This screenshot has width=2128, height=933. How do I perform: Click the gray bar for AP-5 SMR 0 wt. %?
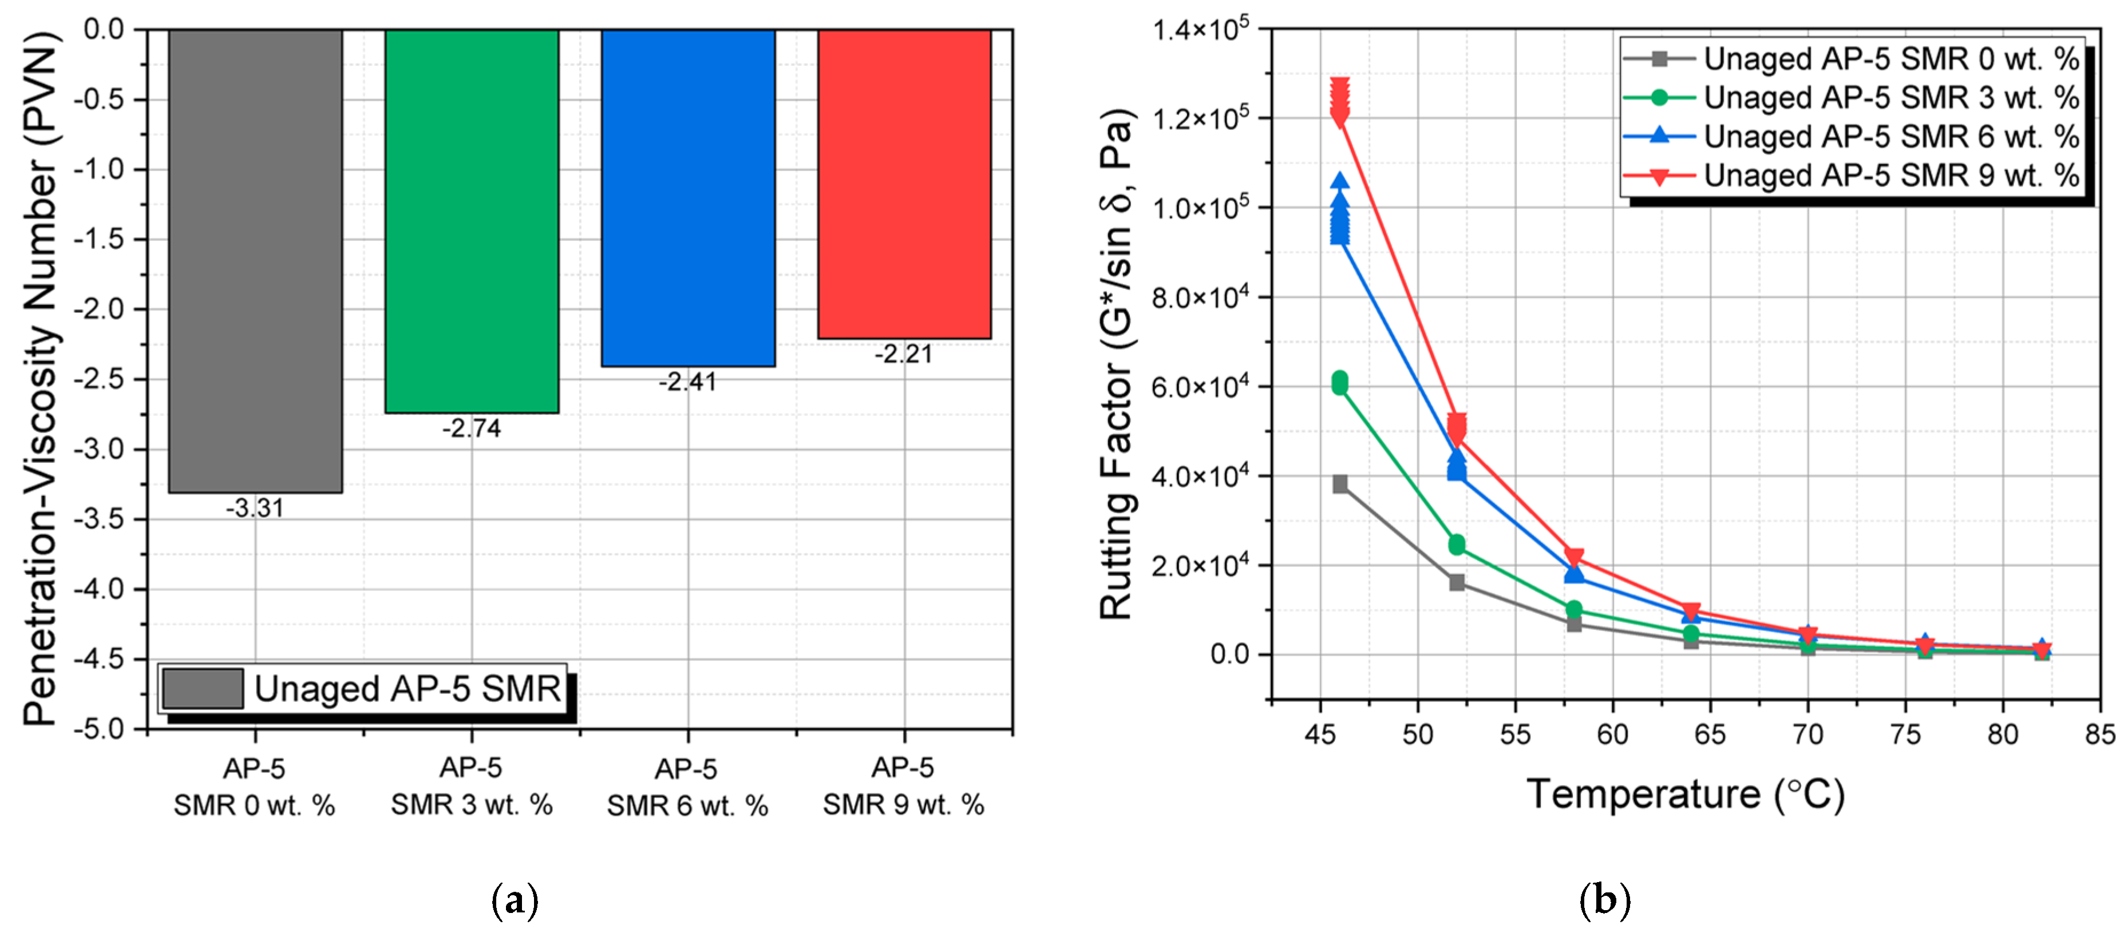255,261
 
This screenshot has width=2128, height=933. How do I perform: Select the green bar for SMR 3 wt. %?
472,221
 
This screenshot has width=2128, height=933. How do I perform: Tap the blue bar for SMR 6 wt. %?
688,198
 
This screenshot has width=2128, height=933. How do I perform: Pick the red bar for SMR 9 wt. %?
904,184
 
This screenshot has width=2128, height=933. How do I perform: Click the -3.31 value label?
255,508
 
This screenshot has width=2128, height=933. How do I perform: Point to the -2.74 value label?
471,428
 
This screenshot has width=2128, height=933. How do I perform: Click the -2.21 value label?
904,354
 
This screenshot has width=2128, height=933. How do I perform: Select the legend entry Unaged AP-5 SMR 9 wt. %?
1851,175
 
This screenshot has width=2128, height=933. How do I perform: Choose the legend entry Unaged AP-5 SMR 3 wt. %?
1851,97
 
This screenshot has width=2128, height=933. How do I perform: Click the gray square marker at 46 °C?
1340,484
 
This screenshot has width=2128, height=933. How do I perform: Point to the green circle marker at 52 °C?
1457,544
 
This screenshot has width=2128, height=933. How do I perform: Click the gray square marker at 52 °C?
1457,583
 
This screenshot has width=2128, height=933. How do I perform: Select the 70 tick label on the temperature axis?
1807,734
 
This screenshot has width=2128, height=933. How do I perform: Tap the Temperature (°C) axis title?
1685,795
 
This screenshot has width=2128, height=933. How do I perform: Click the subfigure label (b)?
1604,899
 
